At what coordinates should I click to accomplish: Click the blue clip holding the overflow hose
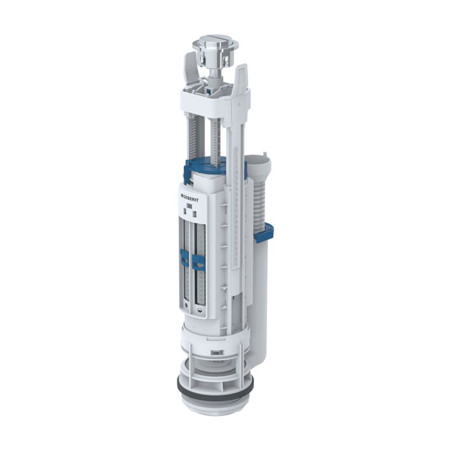pyautogui.click(x=264, y=232)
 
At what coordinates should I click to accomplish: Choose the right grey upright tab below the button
pyautogui.click(x=241, y=79)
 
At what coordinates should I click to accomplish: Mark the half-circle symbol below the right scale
pyautogui.click(x=200, y=311)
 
